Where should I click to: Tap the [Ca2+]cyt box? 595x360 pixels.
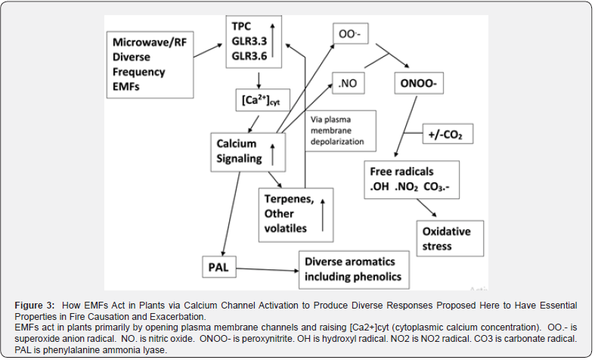point(259,100)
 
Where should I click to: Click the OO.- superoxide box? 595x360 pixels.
point(350,35)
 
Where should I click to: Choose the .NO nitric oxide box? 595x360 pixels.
point(349,84)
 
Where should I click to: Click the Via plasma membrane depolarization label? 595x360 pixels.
point(337,131)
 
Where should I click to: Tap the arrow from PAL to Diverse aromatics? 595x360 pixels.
point(265,268)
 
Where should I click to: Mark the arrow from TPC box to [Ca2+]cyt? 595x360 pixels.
point(259,79)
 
